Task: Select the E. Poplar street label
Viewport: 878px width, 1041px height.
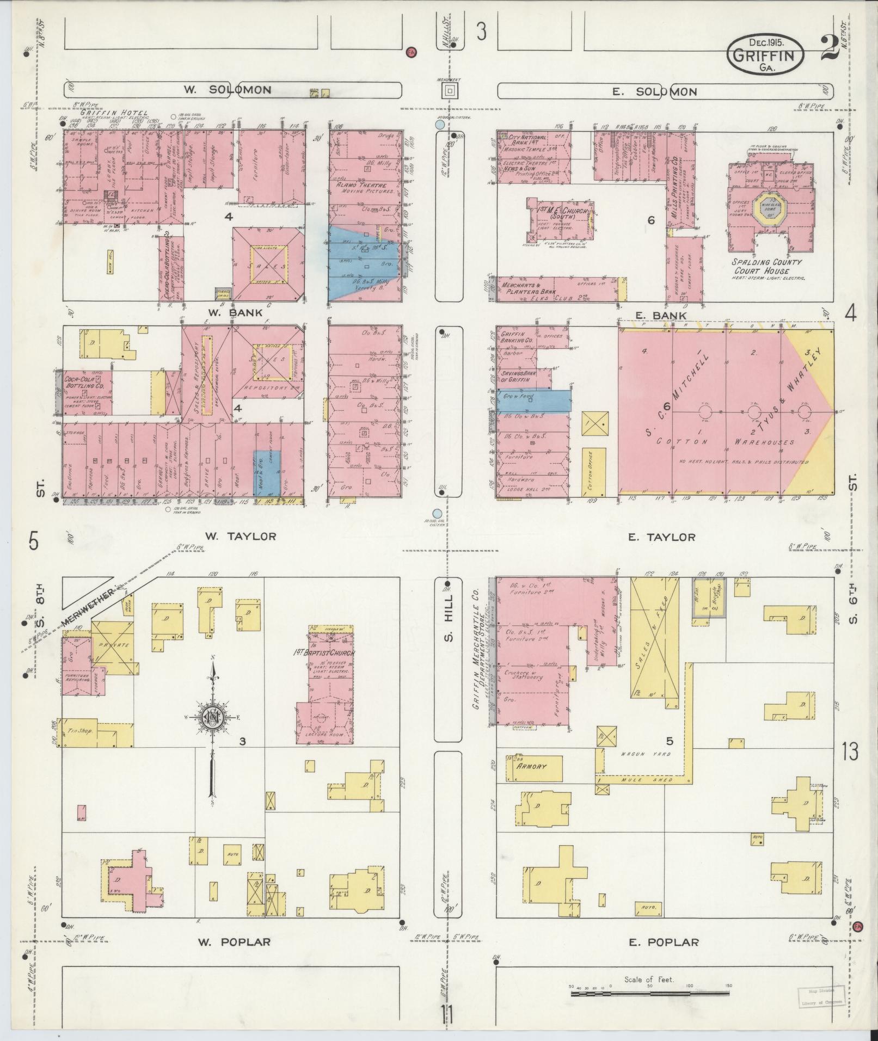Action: (664, 942)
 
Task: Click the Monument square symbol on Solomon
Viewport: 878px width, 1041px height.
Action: (449, 91)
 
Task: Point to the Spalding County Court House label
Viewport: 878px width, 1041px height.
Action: (768, 266)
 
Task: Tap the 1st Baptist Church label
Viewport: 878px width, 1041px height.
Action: (324, 653)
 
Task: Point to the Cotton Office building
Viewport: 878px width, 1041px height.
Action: (594, 470)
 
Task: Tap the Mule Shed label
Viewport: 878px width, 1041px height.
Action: (646, 779)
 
